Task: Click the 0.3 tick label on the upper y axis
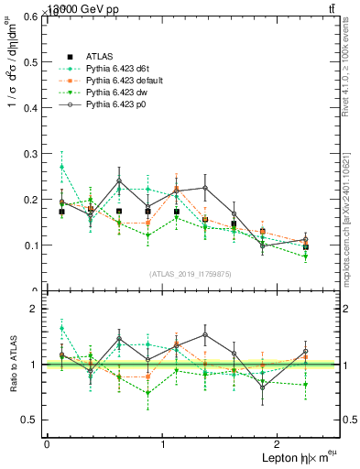pyautogui.click(x=30, y=154)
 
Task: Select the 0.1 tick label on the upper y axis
pyautogui.click(x=30, y=245)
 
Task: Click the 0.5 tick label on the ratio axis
pyautogui.click(x=30, y=420)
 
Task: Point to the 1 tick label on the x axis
pyautogui.click(x=163, y=444)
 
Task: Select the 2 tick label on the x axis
pyautogui.click(x=280, y=444)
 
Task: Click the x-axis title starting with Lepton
pyautogui.click(x=300, y=458)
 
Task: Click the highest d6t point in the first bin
pyautogui.click(x=61, y=167)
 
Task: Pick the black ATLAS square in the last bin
pyautogui.click(x=306, y=247)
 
